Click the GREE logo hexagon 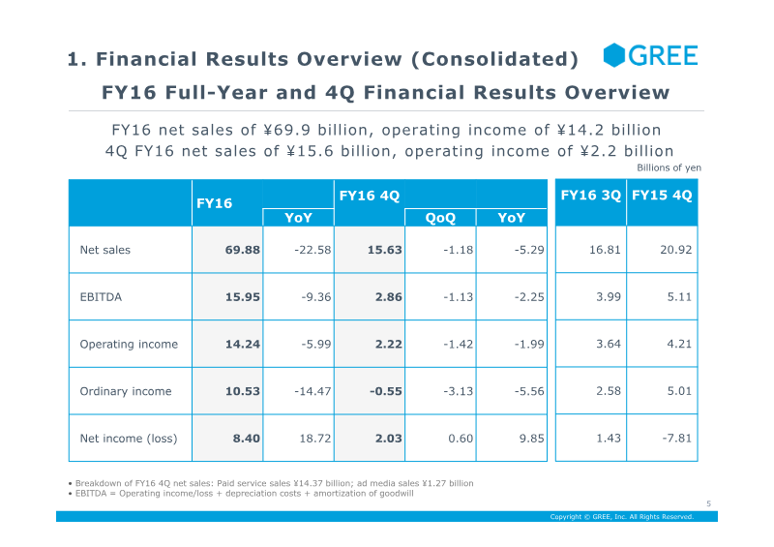coord(614,55)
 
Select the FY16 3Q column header coord(590,196)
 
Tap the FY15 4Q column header coord(662,196)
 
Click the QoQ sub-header coord(440,218)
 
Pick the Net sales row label coord(105,250)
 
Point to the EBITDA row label coord(101,297)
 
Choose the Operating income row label coord(129,345)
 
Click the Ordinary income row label coord(126,391)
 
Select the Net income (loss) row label coord(129,439)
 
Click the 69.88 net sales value coord(243,250)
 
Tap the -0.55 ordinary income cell coord(385,391)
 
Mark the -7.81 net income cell coord(676,439)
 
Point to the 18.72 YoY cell coord(315,439)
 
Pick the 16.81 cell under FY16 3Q coord(605,250)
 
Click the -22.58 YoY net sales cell coord(313,250)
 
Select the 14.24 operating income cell coord(243,345)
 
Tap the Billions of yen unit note coord(669,168)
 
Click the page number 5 coord(709,503)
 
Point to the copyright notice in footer coord(622,517)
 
